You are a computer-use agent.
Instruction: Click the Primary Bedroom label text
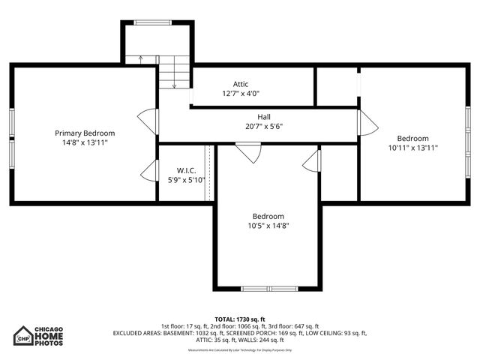85,133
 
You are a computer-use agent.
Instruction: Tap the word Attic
240,84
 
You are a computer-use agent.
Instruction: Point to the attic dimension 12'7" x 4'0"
240,94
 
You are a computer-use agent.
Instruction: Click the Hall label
264,117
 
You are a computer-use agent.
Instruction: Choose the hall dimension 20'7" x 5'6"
264,127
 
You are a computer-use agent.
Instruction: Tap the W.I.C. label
186,170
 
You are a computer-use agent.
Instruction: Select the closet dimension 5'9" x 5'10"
186,180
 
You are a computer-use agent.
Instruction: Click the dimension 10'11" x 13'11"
413,148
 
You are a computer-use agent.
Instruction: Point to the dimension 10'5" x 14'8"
268,226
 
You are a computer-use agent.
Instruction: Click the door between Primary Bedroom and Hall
148,121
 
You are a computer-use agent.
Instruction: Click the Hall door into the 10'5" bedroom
248,151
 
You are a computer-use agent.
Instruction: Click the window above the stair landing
157,22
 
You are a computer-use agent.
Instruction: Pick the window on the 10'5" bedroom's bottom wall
269,288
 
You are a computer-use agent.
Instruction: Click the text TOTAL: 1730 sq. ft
239,319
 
